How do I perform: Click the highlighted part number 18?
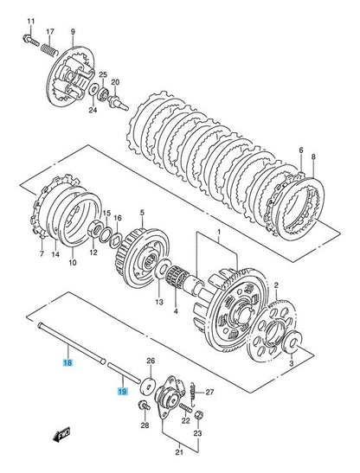67,366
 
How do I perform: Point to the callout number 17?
50,32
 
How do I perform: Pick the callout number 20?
114,83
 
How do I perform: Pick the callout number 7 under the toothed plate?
41,255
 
